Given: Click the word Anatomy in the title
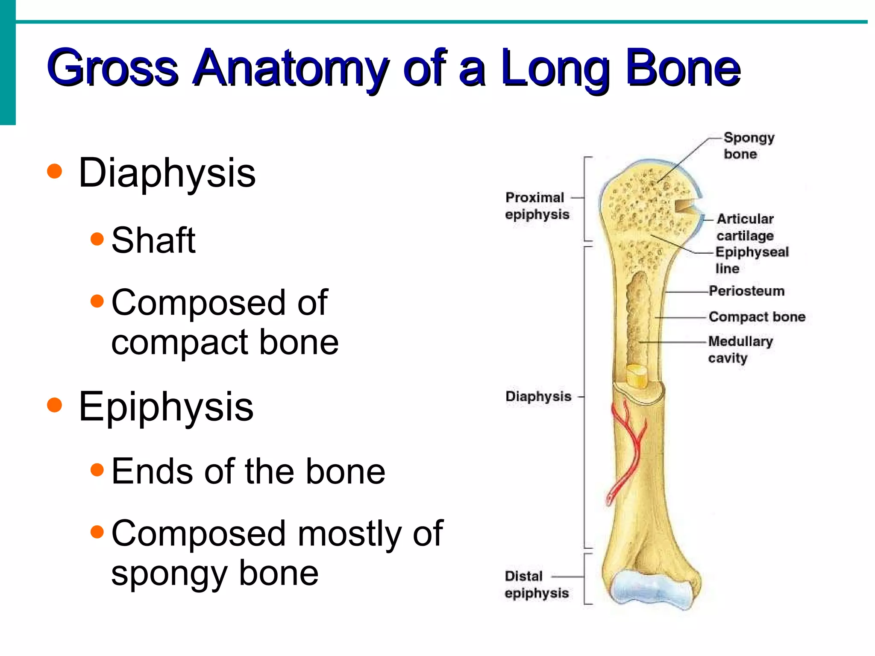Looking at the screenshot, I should (291, 68).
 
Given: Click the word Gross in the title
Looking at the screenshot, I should (112, 68).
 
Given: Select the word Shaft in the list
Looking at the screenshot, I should (153, 240).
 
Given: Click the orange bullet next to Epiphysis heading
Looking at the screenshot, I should (55, 405).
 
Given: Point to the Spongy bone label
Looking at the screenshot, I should (749, 146).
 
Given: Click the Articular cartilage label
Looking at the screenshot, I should (745, 227).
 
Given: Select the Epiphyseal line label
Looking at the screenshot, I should (752, 260).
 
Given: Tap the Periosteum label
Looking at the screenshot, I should (746, 291).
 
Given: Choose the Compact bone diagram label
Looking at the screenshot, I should (757, 316).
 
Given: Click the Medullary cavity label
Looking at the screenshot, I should (740, 349).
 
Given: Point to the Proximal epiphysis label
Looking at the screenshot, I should (537, 205).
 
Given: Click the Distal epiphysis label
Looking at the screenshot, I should (536, 584).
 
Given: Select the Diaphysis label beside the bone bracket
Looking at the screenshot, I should (538, 396).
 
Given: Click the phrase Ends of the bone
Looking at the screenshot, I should (248, 471).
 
